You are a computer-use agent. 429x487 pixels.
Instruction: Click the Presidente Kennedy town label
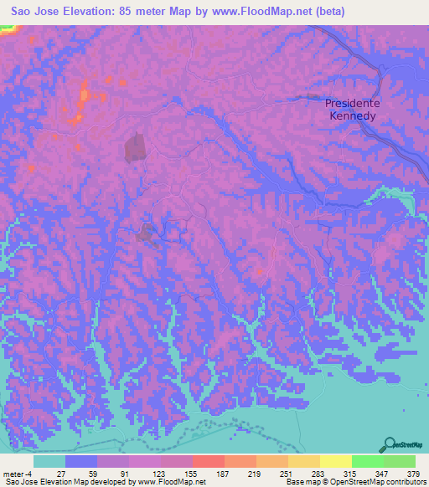click(x=353, y=109)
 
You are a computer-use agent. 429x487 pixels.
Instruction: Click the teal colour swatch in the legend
click(x=49, y=461)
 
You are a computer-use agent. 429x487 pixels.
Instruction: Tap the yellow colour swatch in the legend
click(x=336, y=461)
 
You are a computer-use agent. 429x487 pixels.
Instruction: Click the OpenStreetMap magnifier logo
click(x=390, y=445)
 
